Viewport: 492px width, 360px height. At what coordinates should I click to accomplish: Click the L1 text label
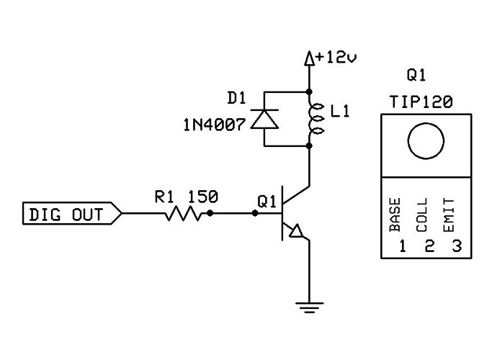[337, 113]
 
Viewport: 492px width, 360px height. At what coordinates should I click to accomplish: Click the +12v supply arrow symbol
[309, 58]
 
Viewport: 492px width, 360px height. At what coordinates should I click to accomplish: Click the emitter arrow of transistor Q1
[296, 232]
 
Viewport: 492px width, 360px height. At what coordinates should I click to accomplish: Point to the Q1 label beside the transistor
[267, 202]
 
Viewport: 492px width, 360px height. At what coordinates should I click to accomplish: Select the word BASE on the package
[395, 215]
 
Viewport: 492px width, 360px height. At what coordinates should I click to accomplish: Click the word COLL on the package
[423, 215]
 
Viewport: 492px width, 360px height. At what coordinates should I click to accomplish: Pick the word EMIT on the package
[450, 215]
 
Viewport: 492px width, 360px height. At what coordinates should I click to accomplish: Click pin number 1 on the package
[402, 246]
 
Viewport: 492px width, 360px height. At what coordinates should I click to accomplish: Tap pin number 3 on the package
[455, 246]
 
